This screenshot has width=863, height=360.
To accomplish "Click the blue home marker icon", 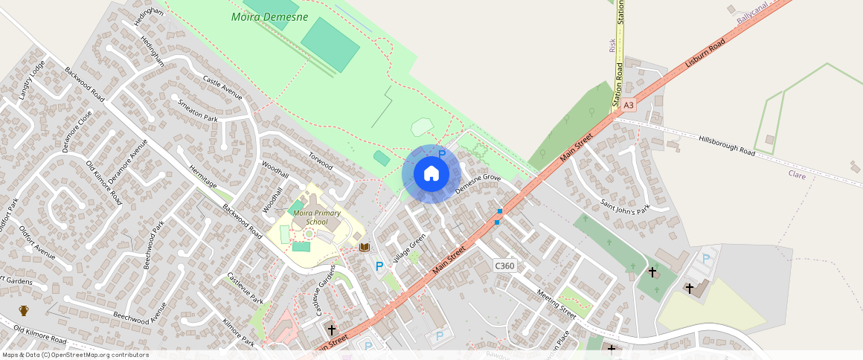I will (x=431, y=174).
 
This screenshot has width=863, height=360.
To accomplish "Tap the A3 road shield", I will (x=629, y=106).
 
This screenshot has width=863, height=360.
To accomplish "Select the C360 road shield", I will (x=504, y=266).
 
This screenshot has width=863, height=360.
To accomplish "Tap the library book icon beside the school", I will (x=365, y=247).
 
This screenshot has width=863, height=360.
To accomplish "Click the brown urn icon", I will (x=24, y=310).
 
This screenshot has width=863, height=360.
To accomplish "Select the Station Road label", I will (x=619, y=86).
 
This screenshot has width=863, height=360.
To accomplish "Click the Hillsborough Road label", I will (x=727, y=144).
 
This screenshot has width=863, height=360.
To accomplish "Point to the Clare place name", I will (x=797, y=174).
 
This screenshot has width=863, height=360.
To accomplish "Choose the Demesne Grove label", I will (x=478, y=184).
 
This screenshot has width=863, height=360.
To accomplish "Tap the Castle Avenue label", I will (x=222, y=87).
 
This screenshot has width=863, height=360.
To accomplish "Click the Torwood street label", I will (x=321, y=160).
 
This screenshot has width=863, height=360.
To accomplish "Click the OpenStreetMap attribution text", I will (x=75, y=355).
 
